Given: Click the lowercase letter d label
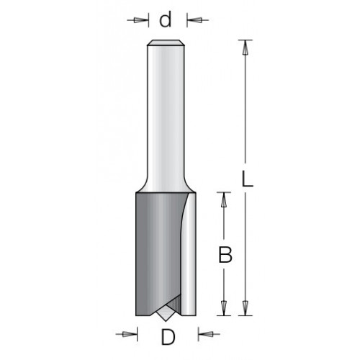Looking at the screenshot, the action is click(x=166, y=19).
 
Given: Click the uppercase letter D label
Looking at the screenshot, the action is click(x=168, y=337).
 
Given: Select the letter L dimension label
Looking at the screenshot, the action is click(x=247, y=179).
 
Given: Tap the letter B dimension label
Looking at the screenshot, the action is click(x=225, y=255).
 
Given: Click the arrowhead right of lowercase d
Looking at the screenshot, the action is click(x=194, y=20).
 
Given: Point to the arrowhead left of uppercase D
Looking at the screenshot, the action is click(x=128, y=334).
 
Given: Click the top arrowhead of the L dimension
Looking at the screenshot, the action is click(x=245, y=49).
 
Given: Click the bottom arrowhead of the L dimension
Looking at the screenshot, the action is click(x=245, y=308).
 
